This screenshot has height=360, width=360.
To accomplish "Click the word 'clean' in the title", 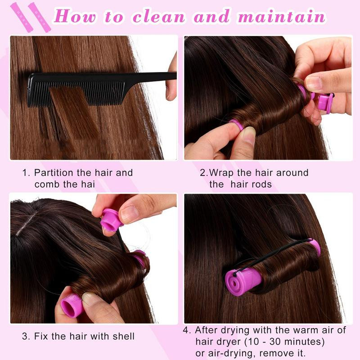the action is (x=159, y=17).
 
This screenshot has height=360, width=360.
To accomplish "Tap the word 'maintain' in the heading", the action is (x=282, y=16).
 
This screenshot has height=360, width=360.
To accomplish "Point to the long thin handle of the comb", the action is (x=150, y=76).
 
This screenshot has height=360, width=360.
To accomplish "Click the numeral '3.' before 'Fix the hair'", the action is (x=26, y=336).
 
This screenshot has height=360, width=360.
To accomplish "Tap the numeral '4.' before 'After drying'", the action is (x=187, y=330).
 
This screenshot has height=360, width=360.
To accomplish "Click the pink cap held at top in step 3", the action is (x=111, y=220).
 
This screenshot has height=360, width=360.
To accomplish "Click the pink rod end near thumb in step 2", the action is (x=237, y=125).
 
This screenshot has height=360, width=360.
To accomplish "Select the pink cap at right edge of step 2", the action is (x=325, y=103).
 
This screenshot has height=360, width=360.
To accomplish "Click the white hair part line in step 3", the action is (x=26, y=223).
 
